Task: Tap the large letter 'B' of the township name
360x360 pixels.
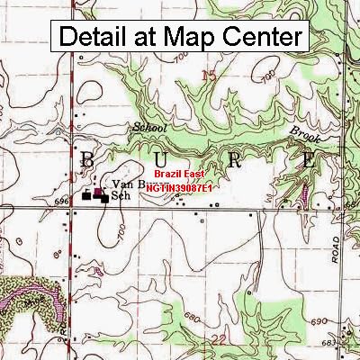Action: pos(88,160)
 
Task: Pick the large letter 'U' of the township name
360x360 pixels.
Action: pos(162,160)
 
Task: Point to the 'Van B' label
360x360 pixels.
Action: pos(121,184)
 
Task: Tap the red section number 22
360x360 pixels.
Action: pos(219,337)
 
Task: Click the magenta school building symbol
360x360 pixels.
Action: pos(98,192)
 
